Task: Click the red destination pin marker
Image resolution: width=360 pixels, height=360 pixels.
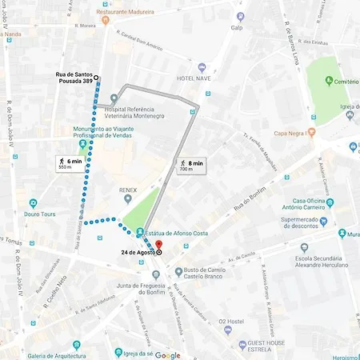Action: (158, 245)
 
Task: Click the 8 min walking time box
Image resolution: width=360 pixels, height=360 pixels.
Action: (191, 165)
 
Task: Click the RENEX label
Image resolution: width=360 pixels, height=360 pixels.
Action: (129, 190)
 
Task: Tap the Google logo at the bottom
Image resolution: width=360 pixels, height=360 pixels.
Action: (168, 355)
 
